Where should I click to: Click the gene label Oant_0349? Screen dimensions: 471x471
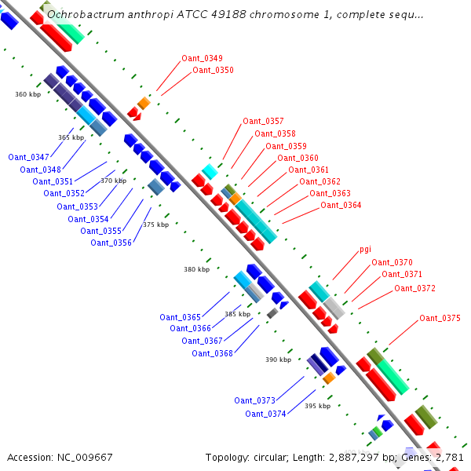pyautogui.click(x=202, y=58)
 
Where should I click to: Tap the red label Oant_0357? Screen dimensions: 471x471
pyautogui.click(x=263, y=121)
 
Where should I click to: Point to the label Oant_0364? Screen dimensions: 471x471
pyautogui.click(x=341, y=206)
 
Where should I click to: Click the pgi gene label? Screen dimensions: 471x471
pyautogui.click(x=365, y=249)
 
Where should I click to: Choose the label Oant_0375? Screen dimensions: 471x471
pyautogui.click(x=440, y=318)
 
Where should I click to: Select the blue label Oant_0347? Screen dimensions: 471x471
pyautogui.click(x=28, y=157)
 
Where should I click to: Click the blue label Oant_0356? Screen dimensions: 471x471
pyautogui.click(x=111, y=243)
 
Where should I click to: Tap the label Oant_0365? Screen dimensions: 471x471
pyautogui.click(x=180, y=317)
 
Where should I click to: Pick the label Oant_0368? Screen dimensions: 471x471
pyautogui.click(x=213, y=353)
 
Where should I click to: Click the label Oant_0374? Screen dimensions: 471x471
pyautogui.click(x=265, y=414)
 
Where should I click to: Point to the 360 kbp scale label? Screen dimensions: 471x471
pyautogui.click(x=27, y=94)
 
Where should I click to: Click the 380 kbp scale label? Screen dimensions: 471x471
pyautogui.click(x=196, y=269)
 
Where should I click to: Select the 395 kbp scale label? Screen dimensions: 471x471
pyautogui.click(x=316, y=406)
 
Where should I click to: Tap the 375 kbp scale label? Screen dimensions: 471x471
pyautogui.click(x=155, y=225)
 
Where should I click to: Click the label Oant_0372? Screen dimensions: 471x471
pyautogui.click(x=414, y=288)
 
